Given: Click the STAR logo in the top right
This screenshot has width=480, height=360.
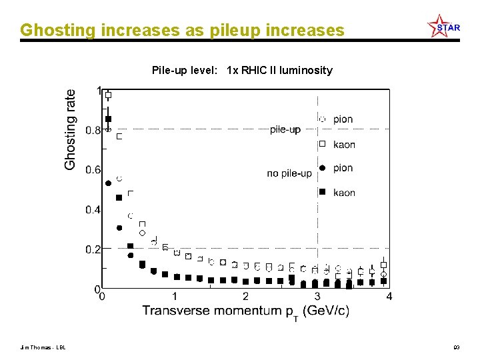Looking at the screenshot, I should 443,27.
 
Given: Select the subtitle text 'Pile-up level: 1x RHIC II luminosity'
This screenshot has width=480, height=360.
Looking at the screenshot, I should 242,70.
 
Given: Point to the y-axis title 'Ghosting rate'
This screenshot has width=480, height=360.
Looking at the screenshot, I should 70,129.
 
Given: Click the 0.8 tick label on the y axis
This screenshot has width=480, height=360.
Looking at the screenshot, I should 93,130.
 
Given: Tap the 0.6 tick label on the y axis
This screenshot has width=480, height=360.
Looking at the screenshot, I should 93,169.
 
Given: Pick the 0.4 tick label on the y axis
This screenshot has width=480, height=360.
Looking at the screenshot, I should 93,209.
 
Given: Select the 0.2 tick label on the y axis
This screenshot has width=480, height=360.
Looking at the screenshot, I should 93,249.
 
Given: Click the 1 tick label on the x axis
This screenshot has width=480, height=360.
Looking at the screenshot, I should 175,297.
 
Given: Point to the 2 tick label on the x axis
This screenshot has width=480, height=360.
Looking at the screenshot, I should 245,297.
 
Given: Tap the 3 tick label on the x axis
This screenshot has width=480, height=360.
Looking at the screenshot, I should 317,297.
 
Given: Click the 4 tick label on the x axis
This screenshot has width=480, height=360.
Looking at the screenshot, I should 389,297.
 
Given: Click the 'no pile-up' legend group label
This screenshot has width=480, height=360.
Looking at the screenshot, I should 289,173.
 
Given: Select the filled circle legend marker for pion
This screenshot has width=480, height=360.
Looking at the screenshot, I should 322,168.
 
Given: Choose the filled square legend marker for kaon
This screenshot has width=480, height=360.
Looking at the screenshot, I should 322,193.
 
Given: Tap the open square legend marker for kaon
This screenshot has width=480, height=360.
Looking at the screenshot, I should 322,144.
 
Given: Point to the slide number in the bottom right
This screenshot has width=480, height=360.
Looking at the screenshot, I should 457,347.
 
